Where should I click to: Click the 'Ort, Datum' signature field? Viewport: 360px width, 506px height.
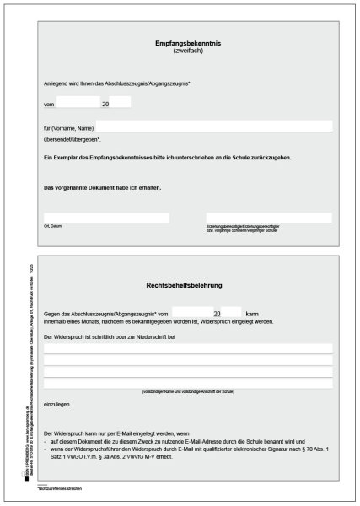pos(106,218)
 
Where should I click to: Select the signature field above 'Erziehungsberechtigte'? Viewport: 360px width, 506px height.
pos(268,218)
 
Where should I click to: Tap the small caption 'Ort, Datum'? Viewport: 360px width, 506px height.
pos(52,226)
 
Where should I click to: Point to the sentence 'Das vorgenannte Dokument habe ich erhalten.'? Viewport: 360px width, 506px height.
pos(102,187)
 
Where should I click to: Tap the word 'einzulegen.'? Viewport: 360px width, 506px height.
pos(57,405)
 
